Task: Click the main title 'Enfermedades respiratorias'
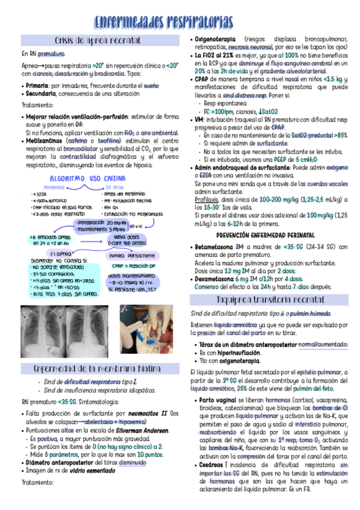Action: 180,23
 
